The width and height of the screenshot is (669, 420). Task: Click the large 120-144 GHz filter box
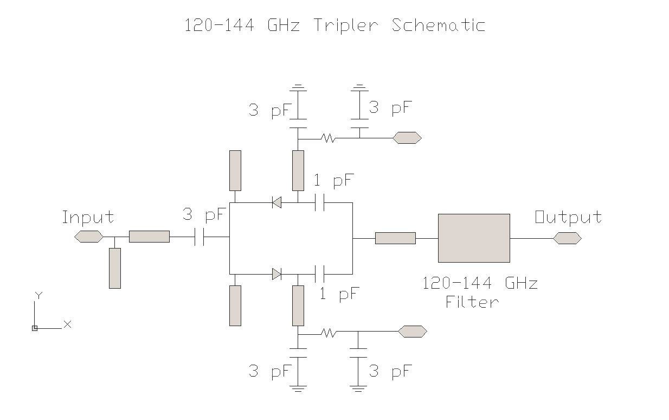[x=473, y=238]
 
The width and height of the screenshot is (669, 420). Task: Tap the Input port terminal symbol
[x=88, y=237]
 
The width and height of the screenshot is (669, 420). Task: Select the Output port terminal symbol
[x=567, y=238]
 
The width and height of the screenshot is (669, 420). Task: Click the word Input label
[x=88, y=218]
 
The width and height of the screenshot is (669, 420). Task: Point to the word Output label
[x=568, y=218]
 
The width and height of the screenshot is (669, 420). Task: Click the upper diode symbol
[x=276, y=203]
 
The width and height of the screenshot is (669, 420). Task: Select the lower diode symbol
[x=276, y=274]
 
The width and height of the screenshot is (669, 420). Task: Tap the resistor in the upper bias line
[x=327, y=138]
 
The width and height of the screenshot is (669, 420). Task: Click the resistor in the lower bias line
[x=327, y=332]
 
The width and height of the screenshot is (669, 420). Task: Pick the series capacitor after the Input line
[x=200, y=237]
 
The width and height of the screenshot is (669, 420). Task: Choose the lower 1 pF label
[x=339, y=295]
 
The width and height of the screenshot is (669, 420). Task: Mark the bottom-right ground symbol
[x=358, y=387]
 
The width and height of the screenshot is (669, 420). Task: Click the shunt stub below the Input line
[x=114, y=268]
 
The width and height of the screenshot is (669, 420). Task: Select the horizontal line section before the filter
[x=395, y=238]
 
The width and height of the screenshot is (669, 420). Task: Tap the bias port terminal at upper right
[x=407, y=138]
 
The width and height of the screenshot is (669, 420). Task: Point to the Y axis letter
[x=38, y=295]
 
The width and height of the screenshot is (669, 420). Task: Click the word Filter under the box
[x=472, y=302]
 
